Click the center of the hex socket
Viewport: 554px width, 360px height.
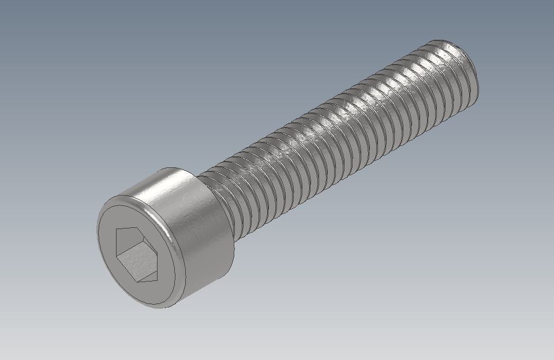[x=136, y=254]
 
